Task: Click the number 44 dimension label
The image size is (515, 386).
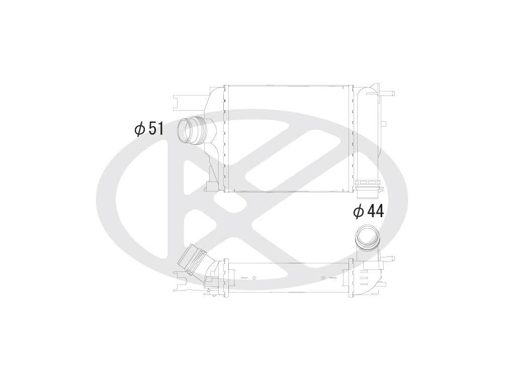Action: (375, 211)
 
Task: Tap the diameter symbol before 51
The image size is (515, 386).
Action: (139, 129)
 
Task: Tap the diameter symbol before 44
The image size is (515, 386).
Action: (359, 212)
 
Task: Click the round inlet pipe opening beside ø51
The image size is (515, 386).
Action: (187, 130)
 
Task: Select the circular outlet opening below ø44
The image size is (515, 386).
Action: (366, 236)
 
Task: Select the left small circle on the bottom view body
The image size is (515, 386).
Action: (254, 277)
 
